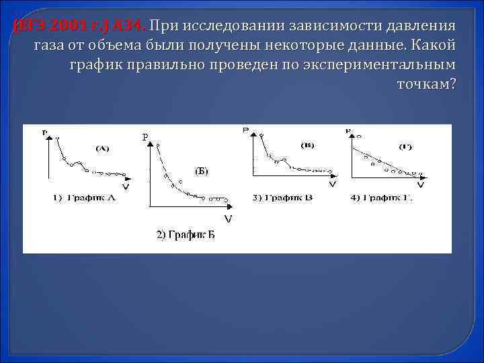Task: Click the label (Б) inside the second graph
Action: (202, 171)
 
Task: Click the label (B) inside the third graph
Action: (307, 145)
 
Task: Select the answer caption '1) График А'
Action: (85, 197)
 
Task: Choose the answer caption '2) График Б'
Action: (186, 234)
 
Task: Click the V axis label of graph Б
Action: (228, 219)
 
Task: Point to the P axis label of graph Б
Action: (145, 137)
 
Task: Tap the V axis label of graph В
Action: (332, 184)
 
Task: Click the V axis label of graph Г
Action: (420, 184)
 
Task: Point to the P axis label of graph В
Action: (245, 129)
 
